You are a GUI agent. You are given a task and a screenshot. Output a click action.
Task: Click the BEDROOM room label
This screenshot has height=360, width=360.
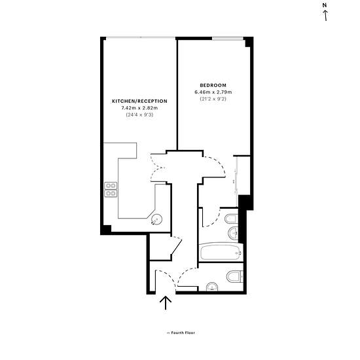213,85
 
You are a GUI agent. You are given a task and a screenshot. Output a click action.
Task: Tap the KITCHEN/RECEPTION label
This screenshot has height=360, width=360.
139,101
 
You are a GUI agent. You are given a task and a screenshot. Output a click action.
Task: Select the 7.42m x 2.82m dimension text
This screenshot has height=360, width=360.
139,108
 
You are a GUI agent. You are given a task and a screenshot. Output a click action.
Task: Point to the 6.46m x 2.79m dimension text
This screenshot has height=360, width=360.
213,92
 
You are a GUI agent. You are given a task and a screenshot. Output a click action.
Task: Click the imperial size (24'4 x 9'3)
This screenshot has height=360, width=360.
139,115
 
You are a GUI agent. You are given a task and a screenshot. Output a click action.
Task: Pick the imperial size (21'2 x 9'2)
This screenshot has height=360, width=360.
213,99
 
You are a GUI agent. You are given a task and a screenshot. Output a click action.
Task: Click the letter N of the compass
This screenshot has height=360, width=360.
325,5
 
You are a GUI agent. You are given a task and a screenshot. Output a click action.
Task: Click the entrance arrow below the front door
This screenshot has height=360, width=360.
166,303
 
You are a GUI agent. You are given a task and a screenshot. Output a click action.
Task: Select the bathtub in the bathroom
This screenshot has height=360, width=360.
221,252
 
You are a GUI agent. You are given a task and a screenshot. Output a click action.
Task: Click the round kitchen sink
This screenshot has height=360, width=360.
157,219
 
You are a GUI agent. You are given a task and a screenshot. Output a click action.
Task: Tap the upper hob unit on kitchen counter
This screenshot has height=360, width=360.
111,185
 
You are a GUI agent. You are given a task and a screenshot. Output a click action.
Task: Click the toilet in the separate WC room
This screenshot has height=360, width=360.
235,276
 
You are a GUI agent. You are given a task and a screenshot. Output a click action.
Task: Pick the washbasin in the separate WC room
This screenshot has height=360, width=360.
212,287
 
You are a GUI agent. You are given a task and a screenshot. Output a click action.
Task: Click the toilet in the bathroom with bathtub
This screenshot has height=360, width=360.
231,219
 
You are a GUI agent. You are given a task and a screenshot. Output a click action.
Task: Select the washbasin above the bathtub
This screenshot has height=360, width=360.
233,233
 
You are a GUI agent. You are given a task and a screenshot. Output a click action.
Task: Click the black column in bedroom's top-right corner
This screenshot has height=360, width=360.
249,42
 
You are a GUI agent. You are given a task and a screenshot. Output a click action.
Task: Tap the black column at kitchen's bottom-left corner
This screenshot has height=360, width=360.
106,230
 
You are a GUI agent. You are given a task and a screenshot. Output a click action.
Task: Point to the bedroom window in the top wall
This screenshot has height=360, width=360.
228,39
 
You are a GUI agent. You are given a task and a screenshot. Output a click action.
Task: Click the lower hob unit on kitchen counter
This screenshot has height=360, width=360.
111,193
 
